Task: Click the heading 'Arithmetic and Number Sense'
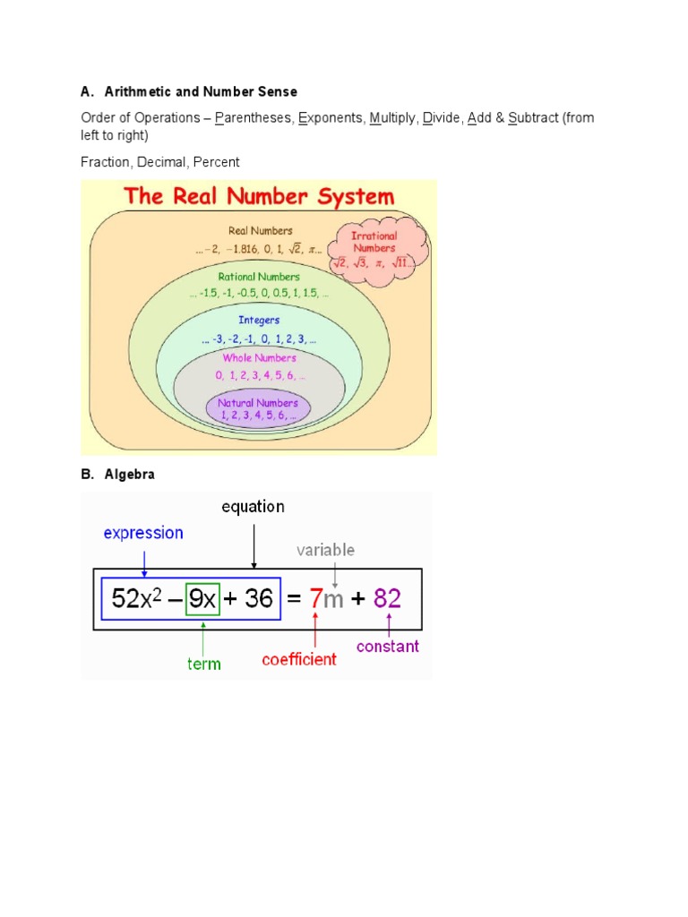point(201,91)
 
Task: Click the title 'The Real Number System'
point(258,197)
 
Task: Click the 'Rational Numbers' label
point(259,277)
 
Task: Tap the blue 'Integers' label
point(259,320)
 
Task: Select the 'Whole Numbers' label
point(259,358)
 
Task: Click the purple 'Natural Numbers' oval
point(258,409)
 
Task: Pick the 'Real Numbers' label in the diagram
point(261,231)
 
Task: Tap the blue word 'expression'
point(143,533)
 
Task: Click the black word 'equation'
point(254,507)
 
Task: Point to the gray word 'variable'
point(326,550)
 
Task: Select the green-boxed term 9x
point(202,598)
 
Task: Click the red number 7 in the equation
point(315,598)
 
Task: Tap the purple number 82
point(387,598)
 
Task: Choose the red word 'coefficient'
point(299,659)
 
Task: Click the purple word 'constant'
point(388,646)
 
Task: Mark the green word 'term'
point(203,664)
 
